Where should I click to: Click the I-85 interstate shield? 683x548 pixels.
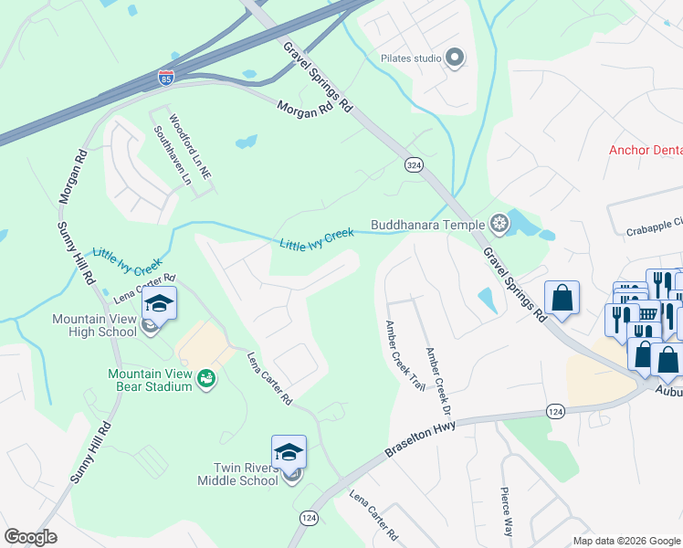point(166,79)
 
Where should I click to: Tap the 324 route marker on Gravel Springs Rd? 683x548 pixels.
point(414,163)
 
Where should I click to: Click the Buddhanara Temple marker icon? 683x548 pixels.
point(499,223)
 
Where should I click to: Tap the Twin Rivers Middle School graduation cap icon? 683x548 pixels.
point(289,453)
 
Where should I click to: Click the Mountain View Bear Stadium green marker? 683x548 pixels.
point(206,378)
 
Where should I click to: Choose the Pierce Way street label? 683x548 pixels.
point(506,511)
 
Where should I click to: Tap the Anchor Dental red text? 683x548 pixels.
point(646,151)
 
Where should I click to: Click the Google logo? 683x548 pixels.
point(30,536)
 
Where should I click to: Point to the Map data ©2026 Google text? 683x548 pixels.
point(625,541)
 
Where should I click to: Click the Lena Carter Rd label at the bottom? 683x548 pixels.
point(374,513)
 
